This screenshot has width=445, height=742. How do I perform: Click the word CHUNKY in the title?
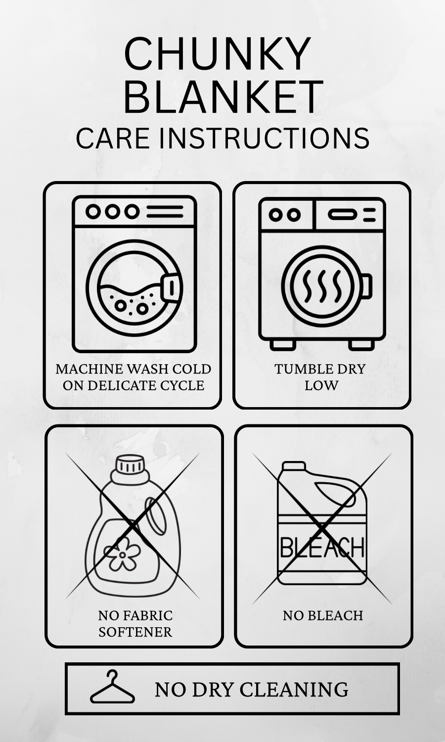[217, 53]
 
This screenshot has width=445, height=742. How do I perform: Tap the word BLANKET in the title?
[223, 96]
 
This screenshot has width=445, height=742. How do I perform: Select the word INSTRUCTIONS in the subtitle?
[264, 138]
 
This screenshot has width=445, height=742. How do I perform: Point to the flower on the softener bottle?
[122, 555]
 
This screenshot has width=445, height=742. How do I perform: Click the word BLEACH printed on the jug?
[322, 548]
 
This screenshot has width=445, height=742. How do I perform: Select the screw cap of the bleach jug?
[294, 466]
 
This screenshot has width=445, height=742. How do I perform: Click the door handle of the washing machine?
[172, 287]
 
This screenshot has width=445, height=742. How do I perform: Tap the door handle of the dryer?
[366, 286]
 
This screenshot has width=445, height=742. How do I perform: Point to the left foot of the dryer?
[283, 345]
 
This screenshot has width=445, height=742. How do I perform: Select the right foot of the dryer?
[361, 345]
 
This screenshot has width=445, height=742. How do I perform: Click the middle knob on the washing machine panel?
[113, 211]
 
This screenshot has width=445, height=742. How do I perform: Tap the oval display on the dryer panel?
[342, 215]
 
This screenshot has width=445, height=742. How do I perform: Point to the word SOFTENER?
[135, 632]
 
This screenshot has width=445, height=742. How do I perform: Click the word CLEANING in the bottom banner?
[294, 690]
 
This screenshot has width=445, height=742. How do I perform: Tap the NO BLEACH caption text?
[323, 615]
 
